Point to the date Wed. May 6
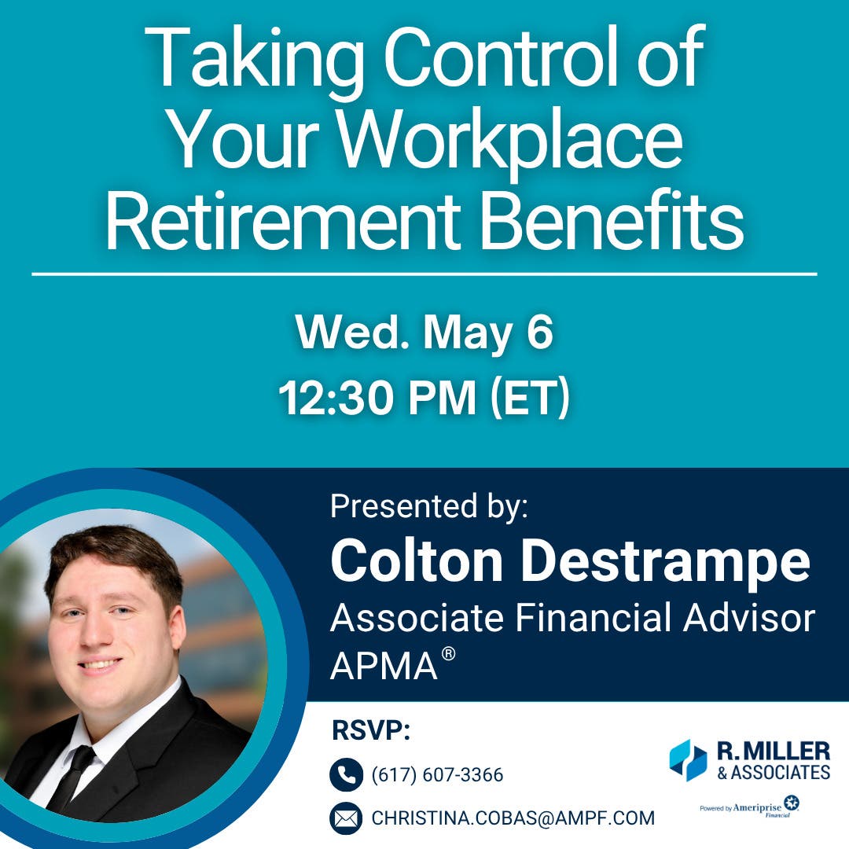click(424, 335)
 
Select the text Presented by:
click(429, 507)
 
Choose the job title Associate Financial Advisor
click(572, 619)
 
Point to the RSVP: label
click(371, 730)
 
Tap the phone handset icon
click(346, 775)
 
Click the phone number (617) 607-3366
click(437, 776)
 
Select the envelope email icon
click(346, 818)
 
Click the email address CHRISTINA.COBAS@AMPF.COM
click(513, 818)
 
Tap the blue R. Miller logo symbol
click(688, 760)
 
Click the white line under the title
click(424, 274)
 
